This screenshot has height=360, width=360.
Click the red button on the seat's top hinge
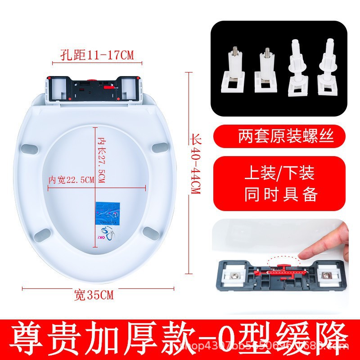pos(92,82)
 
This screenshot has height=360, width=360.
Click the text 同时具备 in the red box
pos(281,194)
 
